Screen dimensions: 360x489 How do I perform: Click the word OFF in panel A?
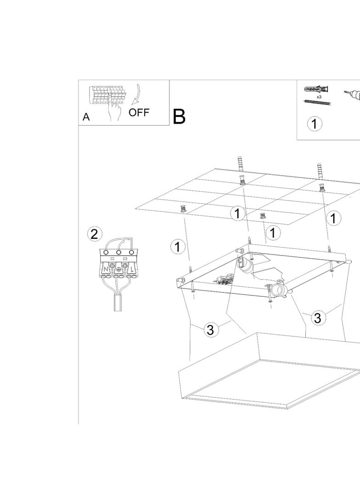139,112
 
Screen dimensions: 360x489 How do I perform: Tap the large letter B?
179,117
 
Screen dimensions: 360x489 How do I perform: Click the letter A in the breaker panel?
86,117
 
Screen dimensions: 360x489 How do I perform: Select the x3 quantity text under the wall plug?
319,97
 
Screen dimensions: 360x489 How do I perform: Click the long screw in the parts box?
317,102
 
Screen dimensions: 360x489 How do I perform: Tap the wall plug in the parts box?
315,89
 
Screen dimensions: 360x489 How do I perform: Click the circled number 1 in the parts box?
315,124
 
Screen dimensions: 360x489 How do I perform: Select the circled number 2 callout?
94,234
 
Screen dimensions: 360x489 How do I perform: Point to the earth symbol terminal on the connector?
118,270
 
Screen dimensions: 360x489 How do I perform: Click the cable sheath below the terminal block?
118,302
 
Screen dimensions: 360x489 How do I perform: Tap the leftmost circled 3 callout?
210,330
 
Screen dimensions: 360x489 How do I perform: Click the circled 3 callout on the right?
318,318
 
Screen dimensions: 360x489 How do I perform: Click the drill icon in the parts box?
352,95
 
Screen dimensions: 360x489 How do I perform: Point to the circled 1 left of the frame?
177,247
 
